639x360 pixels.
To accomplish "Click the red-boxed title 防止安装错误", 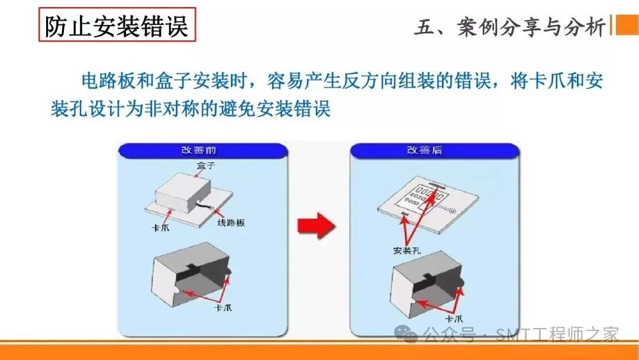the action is (x=117, y=25).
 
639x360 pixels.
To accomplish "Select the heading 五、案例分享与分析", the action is (x=510, y=28).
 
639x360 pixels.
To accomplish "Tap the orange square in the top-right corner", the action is (x=627, y=25).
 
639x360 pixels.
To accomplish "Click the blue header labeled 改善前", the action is (x=203, y=150).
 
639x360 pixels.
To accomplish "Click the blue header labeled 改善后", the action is (x=434, y=150).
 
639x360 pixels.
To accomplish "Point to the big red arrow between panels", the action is (x=317, y=226).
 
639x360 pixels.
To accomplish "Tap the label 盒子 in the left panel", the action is (x=206, y=166).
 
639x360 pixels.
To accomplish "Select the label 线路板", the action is (x=231, y=223).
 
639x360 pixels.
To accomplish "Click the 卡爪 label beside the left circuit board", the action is (x=160, y=227).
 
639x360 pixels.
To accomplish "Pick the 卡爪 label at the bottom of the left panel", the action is (x=222, y=307).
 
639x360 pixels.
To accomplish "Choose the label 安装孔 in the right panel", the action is (x=406, y=250).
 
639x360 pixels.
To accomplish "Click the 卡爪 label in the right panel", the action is (x=454, y=319).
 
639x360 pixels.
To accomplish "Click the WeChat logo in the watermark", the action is (x=406, y=335).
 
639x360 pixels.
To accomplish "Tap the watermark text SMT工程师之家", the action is (x=557, y=335).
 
